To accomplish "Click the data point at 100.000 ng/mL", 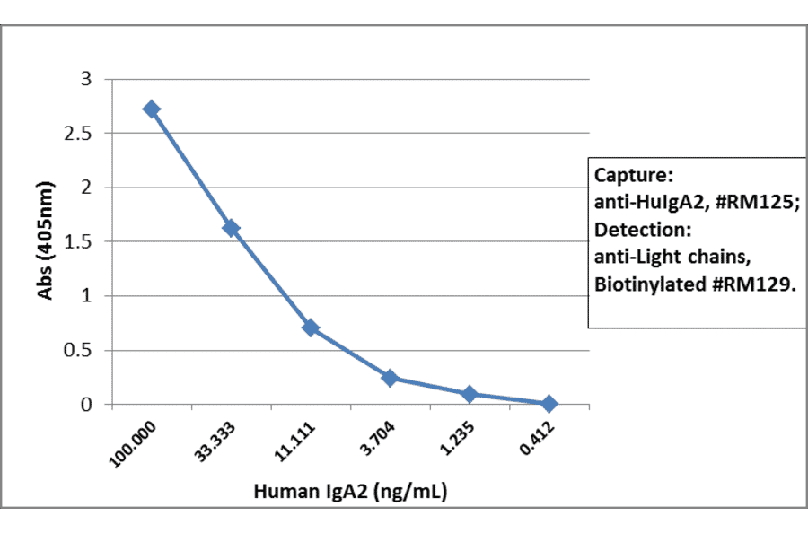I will pyautogui.click(x=152, y=109).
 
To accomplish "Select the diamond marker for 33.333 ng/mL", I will pyautogui.click(x=231, y=228).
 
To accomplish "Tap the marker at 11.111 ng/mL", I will pyautogui.click(x=311, y=328).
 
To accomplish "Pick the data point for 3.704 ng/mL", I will pyautogui.click(x=390, y=378).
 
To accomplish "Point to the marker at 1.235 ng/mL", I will pyautogui.click(x=470, y=394).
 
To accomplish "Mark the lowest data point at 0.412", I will pyautogui.click(x=549, y=404).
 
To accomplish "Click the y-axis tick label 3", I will pyautogui.click(x=86, y=79).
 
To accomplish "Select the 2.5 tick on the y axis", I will pyautogui.click(x=81, y=133).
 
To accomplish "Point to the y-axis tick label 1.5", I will pyautogui.click(x=81, y=241).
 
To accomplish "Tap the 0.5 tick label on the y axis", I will pyautogui.click(x=81, y=350).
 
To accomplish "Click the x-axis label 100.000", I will pyautogui.click(x=133, y=442).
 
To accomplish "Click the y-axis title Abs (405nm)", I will pyautogui.click(x=45, y=242).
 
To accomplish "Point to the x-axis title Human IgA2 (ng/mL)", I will pyautogui.click(x=351, y=492).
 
